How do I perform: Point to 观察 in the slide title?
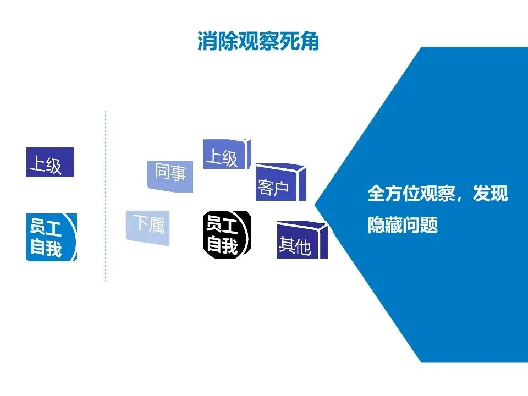(x=258, y=41)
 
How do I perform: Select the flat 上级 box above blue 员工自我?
(x=50, y=162)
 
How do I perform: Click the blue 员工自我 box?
(x=52, y=237)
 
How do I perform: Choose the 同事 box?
(x=170, y=175)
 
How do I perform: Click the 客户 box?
(x=278, y=184)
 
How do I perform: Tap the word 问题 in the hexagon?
(x=421, y=225)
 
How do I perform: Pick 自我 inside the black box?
(x=222, y=245)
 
